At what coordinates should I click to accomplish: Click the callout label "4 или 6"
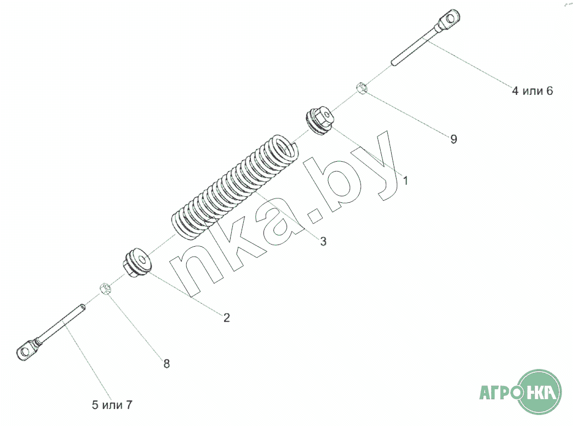point(532,90)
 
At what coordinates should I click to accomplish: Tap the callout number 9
point(454,139)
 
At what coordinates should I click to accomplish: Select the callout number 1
point(405,180)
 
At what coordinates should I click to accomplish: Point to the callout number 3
point(323,241)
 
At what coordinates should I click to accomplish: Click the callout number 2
point(227,317)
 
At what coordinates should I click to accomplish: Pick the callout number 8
point(167,363)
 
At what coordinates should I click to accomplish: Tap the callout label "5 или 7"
point(112,405)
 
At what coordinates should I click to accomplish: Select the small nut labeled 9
point(362,88)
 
